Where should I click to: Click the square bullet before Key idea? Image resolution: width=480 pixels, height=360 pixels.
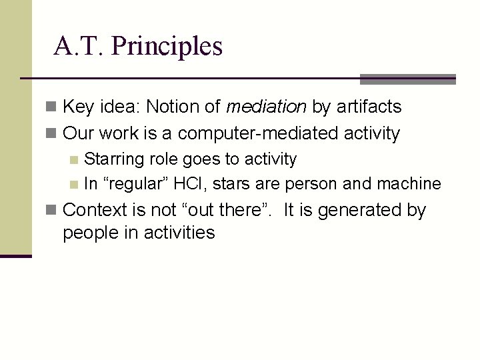point(53,107)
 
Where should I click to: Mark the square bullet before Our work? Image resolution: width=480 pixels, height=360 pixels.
point(53,134)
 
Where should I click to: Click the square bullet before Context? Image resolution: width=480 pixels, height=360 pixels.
point(53,211)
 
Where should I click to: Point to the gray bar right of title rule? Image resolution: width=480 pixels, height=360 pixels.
point(407,79)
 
